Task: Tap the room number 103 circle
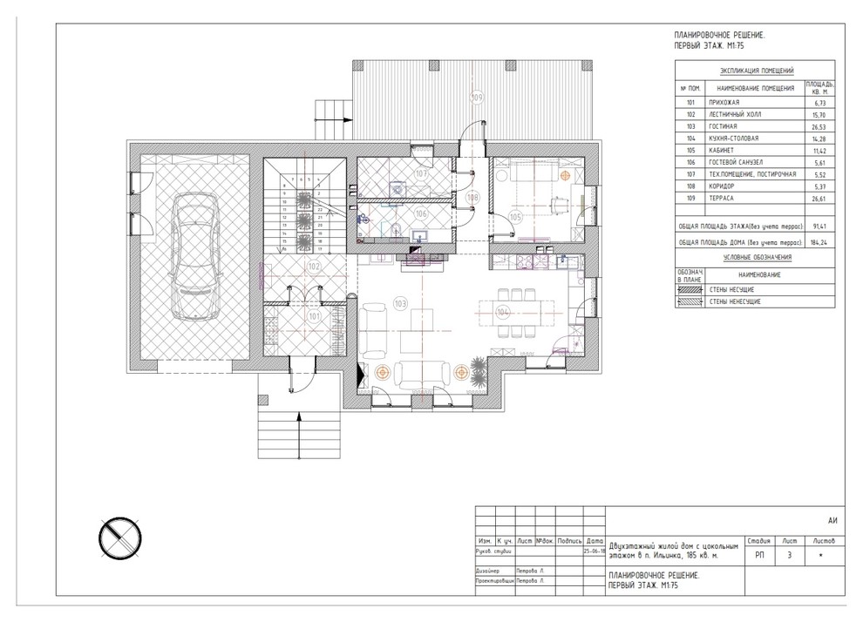click(x=401, y=304)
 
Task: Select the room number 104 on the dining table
click(x=502, y=310)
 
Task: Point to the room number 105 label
click(x=514, y=216)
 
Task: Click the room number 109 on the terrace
click(x=477, y=97)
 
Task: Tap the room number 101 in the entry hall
click(x=314, y=317)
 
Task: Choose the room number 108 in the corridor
click(x=472, y=198)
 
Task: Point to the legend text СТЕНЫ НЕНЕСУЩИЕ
click(x=737, y=301)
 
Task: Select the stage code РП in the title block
click(x=759, y=556)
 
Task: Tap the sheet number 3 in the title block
click(x=789, y=556)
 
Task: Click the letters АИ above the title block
click(x=832, y=520)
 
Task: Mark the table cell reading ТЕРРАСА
click(x=724, y=198)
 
